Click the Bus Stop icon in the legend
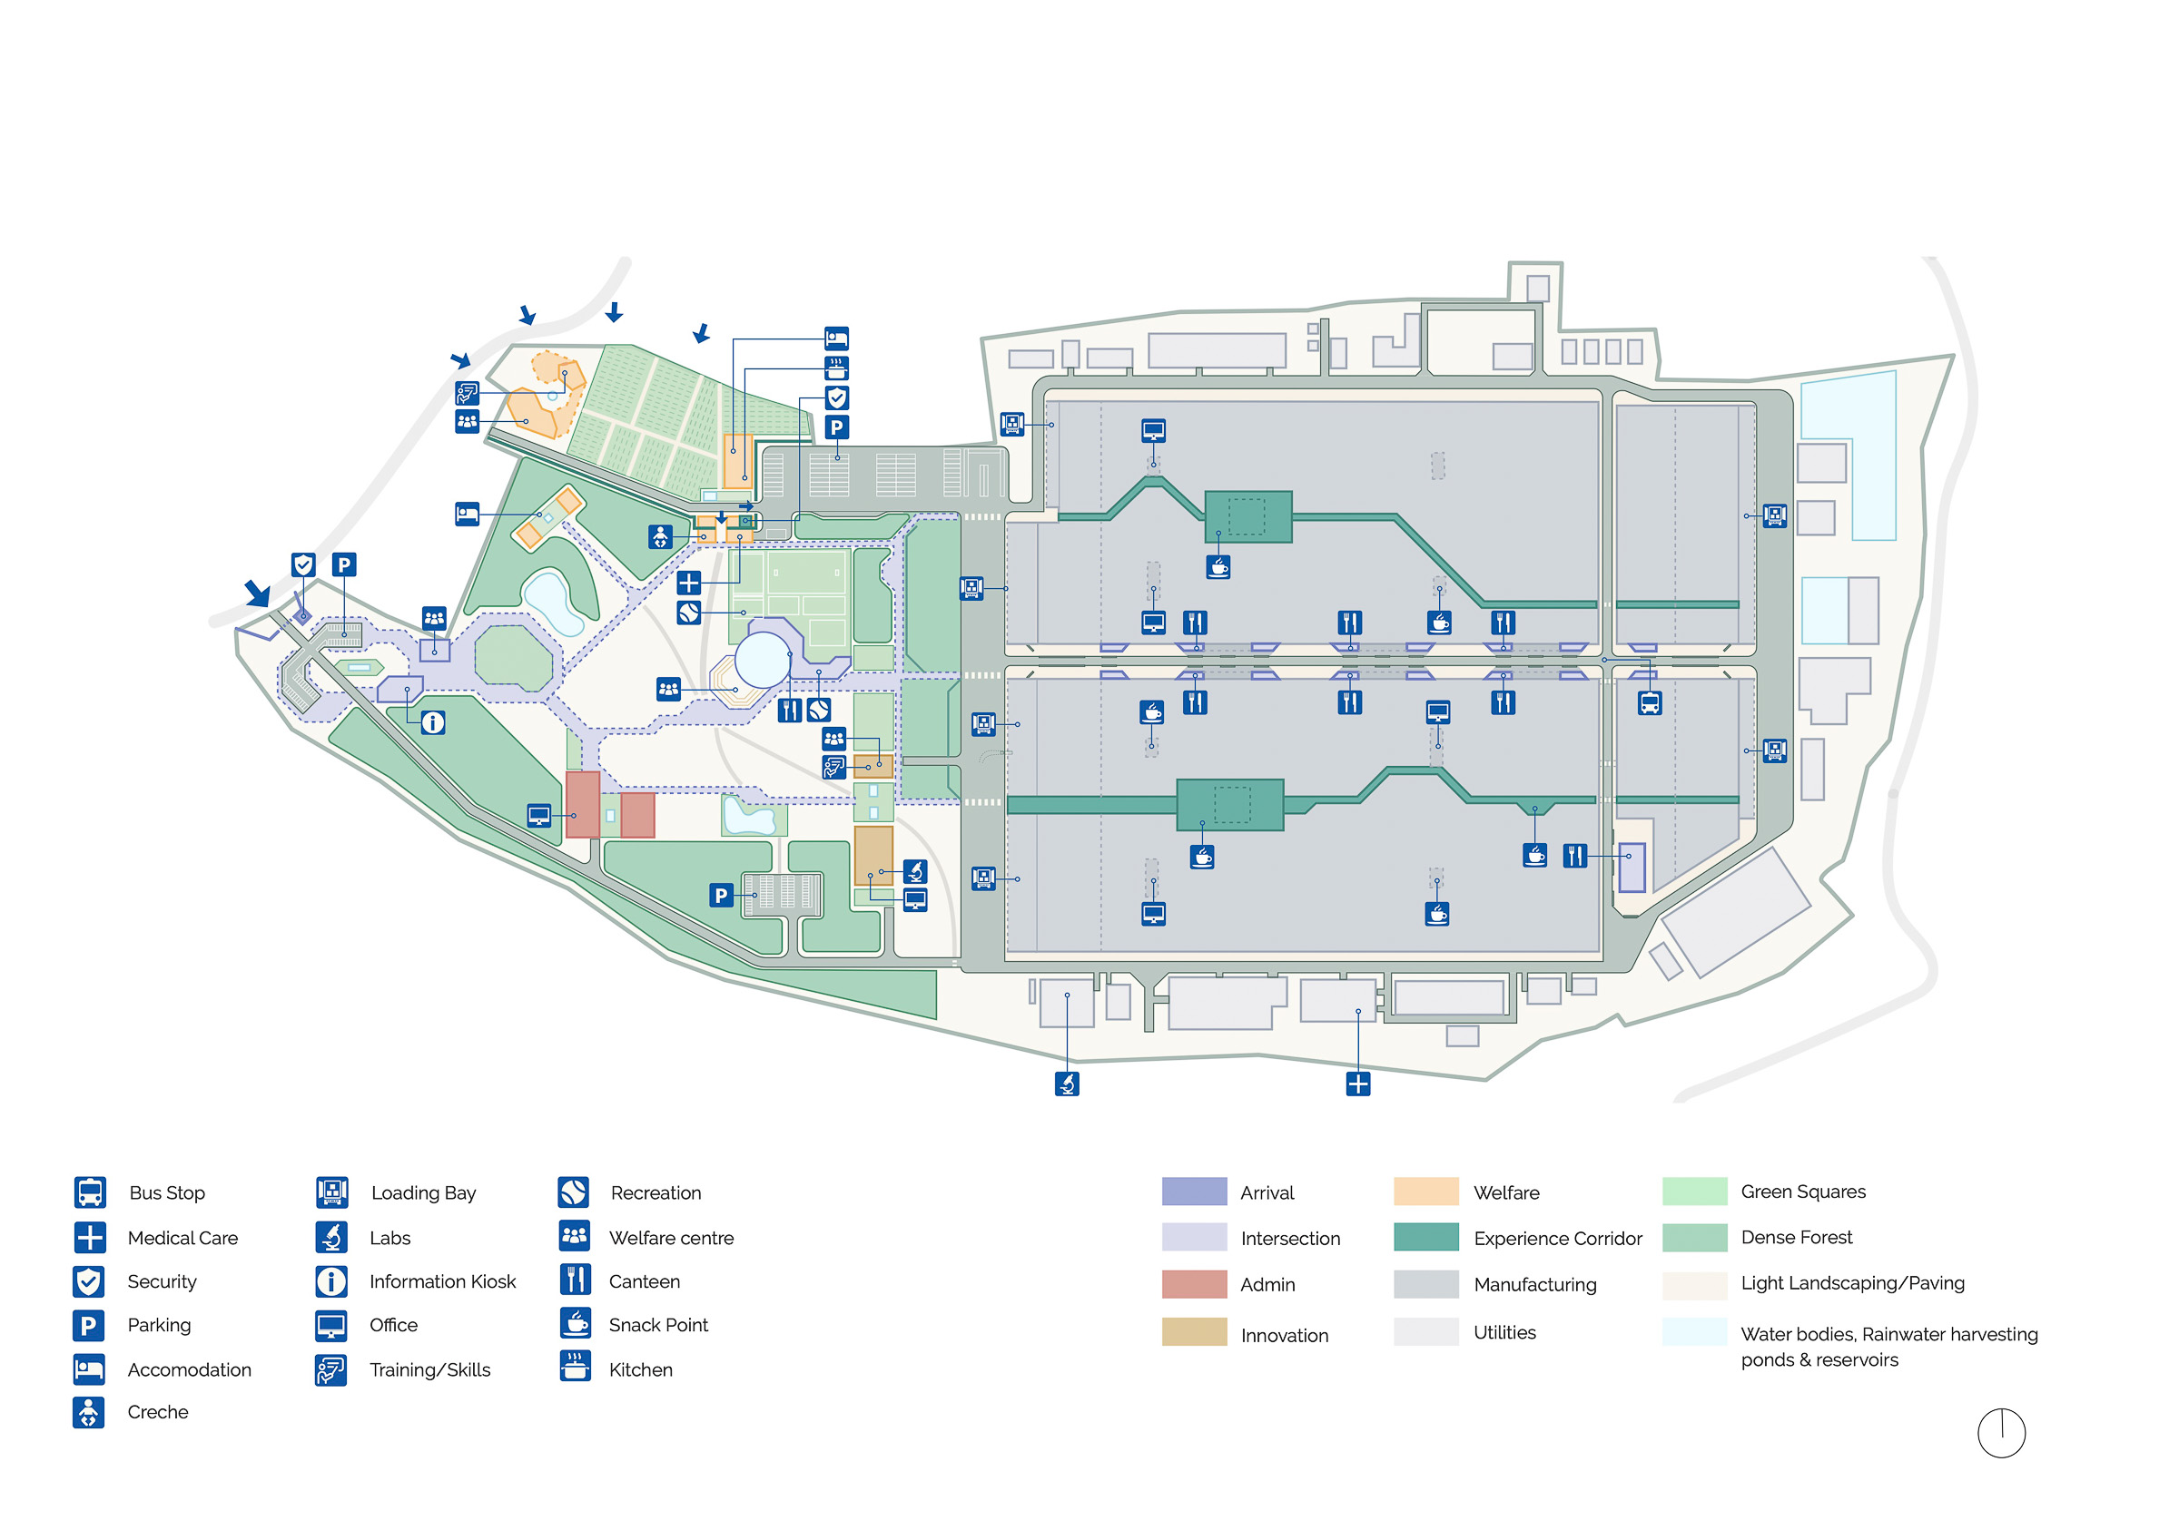pyautogui.click(x=90, y=1192)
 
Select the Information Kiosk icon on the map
pyautogui.click(x=433, y=723)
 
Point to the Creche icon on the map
pyautogui.click(x=661, y=537)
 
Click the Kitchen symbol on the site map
pyautogui.click(x=836, y=368)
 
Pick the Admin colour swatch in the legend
pyautogui.click(x=1194, y=1284)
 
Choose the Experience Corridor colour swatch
pyautogui.click(x=1425, y=1237)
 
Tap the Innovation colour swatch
pyautogui.click(x=1194, y=1333)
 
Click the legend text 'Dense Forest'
pyautogui.click(x=1796, y=1237)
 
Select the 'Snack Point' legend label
pyautogui.click(x=657, y=1325)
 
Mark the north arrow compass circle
pyautogui.click(x=2002, y=1433)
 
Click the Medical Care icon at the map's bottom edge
pyautogui.click(x=1358, y=1084)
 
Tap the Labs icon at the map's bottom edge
pyautogui.click(x=1067, y=1084)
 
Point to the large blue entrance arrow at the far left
pyautogui.click(x=257, y=593)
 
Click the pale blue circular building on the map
pyautogui.click(x=762, y=659)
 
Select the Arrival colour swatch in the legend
pyautogui.click(x=1194, y=1192)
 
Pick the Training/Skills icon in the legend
pyautogui.click(x=331, y=1369)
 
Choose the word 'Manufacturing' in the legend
pyautogui.click(x=1534, y=1285)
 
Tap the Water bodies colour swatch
pyautogui.click(x=1694, y=1331)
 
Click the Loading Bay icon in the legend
pyautogui.click(x=331, y=1192)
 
